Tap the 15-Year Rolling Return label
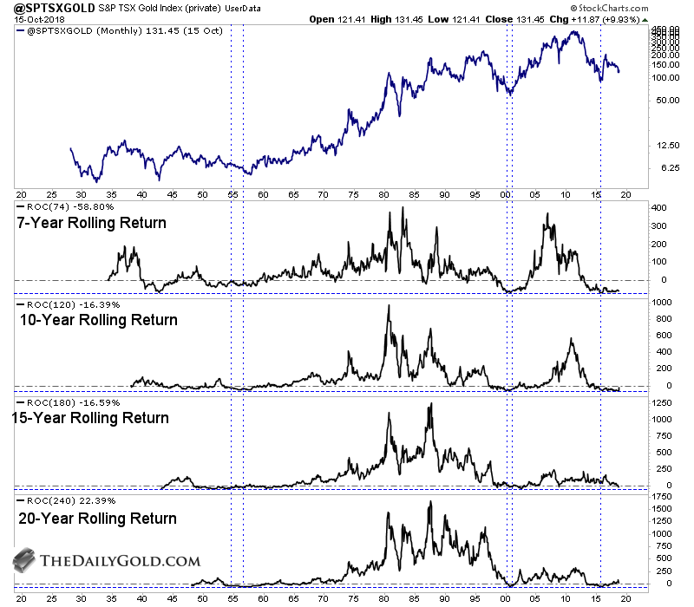(x=90, y=418)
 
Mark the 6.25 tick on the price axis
(x=663, y=167)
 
